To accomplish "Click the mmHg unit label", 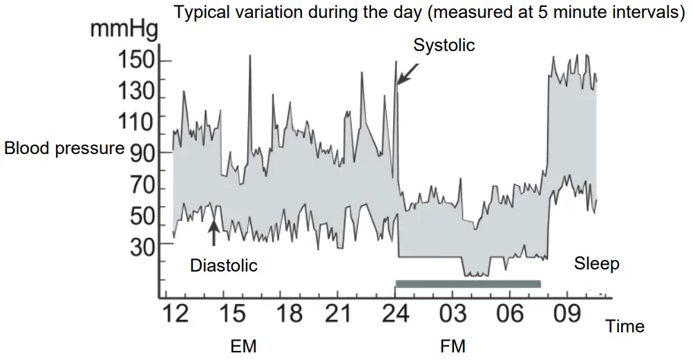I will [124, 30].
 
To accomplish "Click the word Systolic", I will [444, 46].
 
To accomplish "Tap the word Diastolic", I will [223, 265].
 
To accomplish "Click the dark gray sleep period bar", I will [468, 283].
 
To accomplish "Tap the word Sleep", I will [597, 263].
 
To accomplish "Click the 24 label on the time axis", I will [394, 314].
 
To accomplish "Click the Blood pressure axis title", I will [64, 149].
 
